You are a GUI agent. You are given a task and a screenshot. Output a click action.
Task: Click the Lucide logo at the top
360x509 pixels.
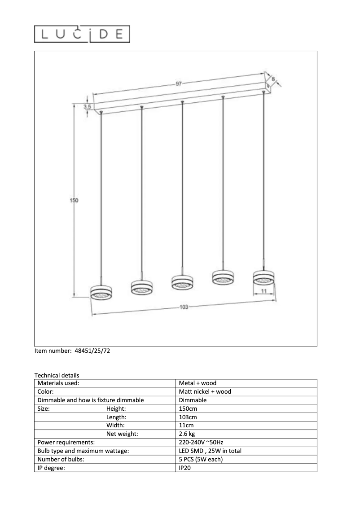click(x=82, y=34)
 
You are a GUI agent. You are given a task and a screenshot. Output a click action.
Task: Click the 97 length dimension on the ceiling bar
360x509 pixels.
click(x=179, y=84)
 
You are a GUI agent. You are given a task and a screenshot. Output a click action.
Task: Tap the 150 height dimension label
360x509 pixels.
click(x=74, y=201)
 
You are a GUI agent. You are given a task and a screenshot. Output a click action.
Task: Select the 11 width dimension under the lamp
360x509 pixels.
click(x=263, y=291)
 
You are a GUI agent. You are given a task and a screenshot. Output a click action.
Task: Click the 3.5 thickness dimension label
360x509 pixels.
click(x=87, y=107)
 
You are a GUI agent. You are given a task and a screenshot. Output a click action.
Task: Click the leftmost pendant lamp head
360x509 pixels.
click(x=101, y=292)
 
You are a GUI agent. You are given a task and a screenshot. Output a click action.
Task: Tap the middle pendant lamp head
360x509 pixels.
click(x=182, y=282)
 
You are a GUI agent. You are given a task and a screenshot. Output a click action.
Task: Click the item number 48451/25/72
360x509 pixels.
click(x=91, y=351)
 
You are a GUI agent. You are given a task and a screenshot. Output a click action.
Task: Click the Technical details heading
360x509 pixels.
click(x=57, y=375)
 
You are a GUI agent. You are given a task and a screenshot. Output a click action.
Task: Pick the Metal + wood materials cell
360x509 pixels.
click(x=198, y=383)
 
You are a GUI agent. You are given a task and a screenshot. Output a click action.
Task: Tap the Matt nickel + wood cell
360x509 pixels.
click(x=205, y=392)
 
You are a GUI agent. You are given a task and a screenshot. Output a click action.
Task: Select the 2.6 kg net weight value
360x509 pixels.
click(x=187, y=434)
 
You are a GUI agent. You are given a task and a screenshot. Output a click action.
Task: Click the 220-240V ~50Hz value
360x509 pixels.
click(x=201, y=443)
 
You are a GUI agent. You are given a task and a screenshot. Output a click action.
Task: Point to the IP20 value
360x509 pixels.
click(x=185, y=468)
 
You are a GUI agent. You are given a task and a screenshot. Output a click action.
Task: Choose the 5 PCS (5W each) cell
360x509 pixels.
click(x=201, y=460)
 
